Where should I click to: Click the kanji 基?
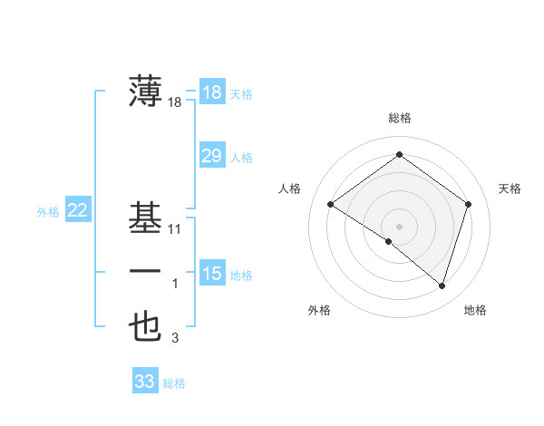(146, 217)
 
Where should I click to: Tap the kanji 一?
(146, 272)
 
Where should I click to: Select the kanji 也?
(146, 327)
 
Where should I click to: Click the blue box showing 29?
(211, 156)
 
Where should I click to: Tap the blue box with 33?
(145, 382)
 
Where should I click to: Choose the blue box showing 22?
(78, 211)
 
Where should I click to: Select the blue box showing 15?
(211, 273)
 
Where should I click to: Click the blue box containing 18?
(211, 92)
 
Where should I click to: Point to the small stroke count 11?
(175, 229)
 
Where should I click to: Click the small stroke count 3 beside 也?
(176, 339)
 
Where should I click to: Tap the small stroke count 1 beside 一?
(176, 285)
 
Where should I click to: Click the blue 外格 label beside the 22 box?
(48, 212)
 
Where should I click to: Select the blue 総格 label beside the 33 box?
(174, 383)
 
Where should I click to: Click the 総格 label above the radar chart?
(399, 118)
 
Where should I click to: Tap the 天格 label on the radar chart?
(510, 189)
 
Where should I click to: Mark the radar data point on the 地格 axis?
(442, 286)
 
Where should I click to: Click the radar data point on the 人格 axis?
(330, 204)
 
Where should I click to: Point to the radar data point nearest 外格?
(389, 241)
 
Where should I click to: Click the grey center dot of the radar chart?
(399, 226)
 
